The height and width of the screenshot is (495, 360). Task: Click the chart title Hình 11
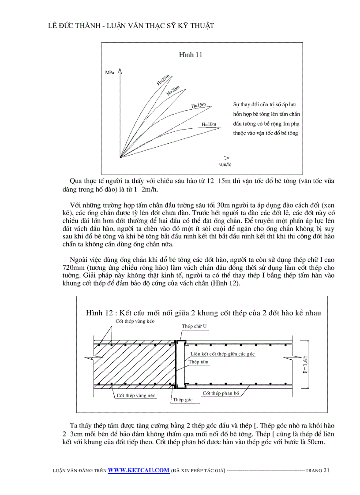tap(191, 55)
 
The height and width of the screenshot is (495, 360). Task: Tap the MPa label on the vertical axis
tap(110, 72)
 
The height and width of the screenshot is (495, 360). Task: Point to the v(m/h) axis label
tap(225, 164)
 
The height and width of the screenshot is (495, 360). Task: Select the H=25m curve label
tap(163, 80)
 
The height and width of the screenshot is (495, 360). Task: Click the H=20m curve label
tap(173, 90)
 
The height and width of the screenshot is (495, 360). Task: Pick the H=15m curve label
tap(199, 105)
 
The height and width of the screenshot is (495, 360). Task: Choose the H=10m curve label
tap(209, 124)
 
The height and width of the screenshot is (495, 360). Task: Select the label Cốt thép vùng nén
tap(136, 395)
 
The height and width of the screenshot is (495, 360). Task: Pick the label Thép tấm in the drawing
tap(199, 362)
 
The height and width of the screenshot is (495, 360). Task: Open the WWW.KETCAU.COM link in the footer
tap(139, 470)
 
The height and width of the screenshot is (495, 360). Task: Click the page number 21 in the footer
tap(326, 470)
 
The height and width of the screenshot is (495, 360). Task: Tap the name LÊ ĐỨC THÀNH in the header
tap(71, 26)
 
